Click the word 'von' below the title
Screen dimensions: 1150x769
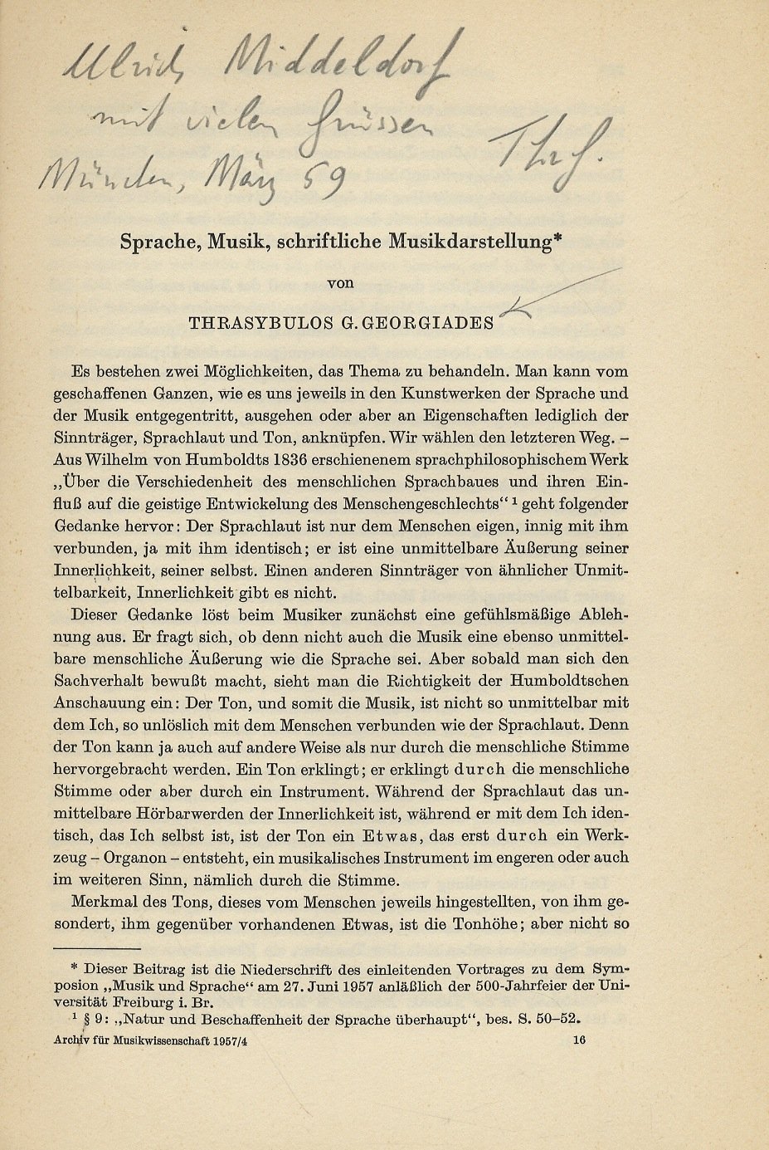(341, 283)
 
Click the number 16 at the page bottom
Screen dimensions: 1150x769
(579, 1040)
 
